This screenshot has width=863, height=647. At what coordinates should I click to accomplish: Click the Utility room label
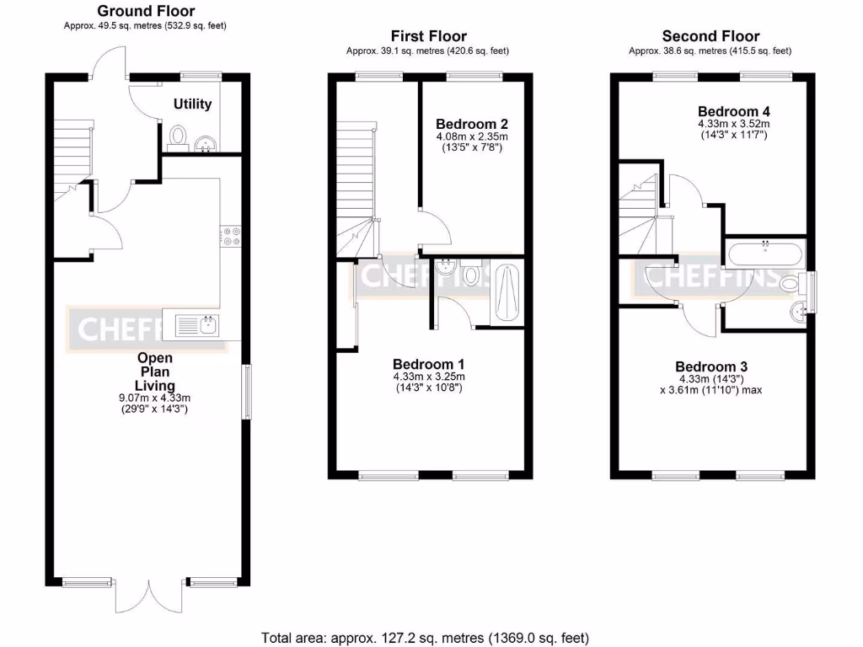(192, 104)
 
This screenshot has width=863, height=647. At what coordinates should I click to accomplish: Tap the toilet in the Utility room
(177, 136)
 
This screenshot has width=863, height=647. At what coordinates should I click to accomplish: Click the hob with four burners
(231, 236)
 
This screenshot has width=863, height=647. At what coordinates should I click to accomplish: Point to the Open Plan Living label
(155, 371)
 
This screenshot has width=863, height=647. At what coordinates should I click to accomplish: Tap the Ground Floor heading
(146, 11)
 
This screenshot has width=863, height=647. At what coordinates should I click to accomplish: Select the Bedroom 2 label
(471, 124)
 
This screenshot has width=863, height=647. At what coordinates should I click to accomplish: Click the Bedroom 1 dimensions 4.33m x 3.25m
(428, 377)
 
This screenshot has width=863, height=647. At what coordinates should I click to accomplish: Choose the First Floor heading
(428, 35)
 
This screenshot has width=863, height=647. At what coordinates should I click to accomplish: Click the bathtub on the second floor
(765, 252)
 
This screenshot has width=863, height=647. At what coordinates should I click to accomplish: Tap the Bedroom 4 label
(733, 111)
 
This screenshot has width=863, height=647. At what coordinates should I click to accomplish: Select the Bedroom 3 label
(711, 366)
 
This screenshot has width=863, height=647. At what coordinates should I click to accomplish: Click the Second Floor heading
(710, 35)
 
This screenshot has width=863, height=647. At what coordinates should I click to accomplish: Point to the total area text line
(426, 638)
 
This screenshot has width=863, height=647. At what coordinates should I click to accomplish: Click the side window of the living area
(246, 391)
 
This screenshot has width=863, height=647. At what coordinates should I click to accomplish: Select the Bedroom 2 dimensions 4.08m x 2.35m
(471, 136)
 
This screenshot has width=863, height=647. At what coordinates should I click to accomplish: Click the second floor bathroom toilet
(792, 284)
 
